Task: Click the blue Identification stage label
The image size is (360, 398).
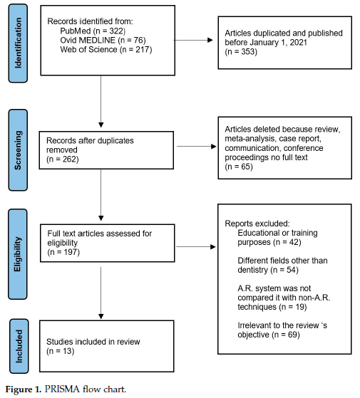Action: click(18, 43)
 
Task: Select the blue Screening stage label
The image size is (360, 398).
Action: click(18, 150)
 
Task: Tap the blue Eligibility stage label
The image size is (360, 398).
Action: click(18, 254)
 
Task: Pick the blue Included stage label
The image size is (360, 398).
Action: click(19, 346)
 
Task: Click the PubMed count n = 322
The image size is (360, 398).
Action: click(110, 31)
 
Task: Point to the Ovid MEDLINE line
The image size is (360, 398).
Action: click(103, 40)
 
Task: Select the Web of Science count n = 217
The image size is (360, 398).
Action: click(135, 49)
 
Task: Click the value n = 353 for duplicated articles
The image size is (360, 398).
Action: click(241, 51)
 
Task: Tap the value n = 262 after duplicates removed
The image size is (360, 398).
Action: click(63, 159)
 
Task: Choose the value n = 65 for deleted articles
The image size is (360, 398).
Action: click(239, 167)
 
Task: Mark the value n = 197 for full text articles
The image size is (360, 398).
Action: click(63, 252)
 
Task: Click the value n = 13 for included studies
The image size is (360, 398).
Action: click(60, 351)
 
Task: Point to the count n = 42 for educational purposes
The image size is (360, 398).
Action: click(287, 242)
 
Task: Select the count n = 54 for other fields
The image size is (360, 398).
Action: click(284, 270)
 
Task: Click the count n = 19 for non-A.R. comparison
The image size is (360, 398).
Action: click(293, 307)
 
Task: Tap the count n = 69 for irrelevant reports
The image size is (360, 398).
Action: click(286, 335)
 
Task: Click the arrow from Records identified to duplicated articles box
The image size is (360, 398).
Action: click(193, 40)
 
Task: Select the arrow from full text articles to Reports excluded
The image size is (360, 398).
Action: click(196, 246)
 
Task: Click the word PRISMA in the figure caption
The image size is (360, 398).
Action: click(62, 389)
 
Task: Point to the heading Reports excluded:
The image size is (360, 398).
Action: click(257, 224)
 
